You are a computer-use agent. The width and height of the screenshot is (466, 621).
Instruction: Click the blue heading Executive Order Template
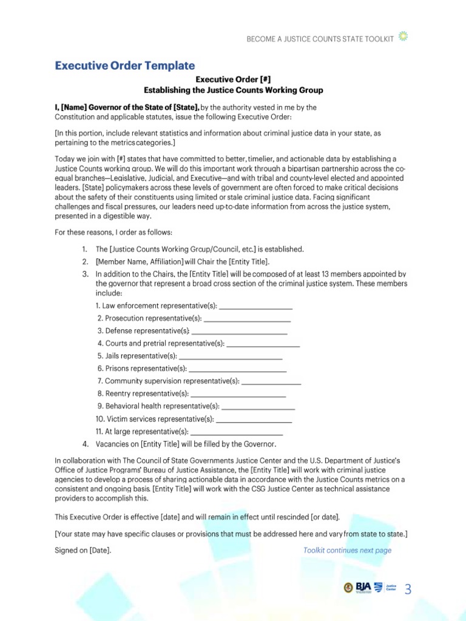pyautogui.click(x=125, y=65)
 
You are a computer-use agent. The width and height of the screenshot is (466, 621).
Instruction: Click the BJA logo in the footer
pyautogui.click(x=363, y=588)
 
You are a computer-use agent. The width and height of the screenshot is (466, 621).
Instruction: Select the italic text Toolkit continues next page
pyautogui.click(x=347, y=551)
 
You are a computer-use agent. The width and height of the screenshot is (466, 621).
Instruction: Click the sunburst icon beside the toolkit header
pyautogui.click(x=404, y=38)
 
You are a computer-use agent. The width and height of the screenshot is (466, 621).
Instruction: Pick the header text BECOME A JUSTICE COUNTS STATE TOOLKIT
pyautogui.click(x=320, y=39)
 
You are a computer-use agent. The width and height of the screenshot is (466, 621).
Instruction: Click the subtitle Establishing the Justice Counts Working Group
pyautogui.click(x=233, y=90)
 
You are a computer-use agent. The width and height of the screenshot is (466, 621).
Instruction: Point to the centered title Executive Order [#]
pyautogui.click(x=233, y=79)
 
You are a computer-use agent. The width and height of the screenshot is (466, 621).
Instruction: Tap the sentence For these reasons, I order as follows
pyautogui.click(x=113, y=233)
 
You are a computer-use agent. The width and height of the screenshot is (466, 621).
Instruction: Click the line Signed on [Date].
pyautogui.click(x=83, y=551)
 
